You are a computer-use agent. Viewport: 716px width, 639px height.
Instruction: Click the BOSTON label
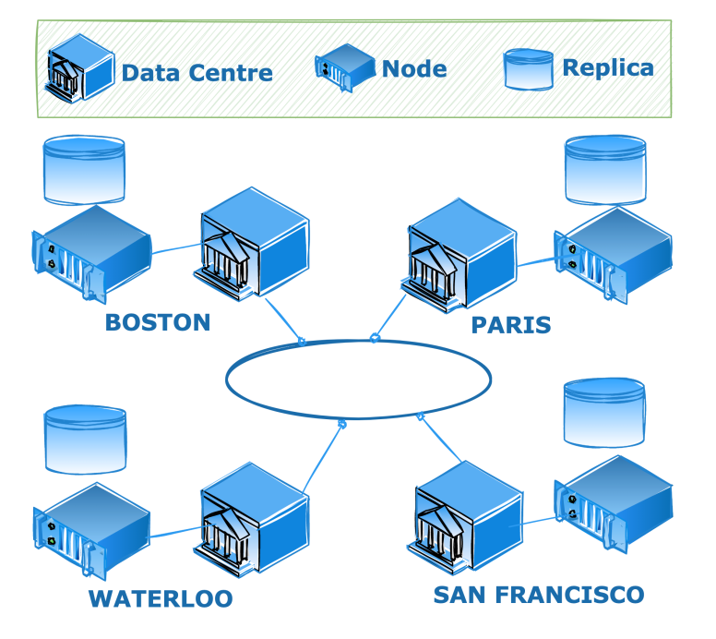tap(158, 322)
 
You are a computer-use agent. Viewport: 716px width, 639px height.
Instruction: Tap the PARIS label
tap(510, 324)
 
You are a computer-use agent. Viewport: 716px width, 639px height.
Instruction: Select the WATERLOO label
tap(161, 598)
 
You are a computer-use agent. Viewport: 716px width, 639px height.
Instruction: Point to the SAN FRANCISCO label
tap(538, 594)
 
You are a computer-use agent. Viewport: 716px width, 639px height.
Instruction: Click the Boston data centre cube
tap(254, 245)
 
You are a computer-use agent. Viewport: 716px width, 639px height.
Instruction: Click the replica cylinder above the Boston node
tap(84, 170)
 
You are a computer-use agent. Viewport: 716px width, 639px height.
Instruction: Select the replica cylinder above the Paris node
tap(605, 171)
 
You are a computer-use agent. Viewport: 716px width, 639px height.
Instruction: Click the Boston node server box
tap(91, 254)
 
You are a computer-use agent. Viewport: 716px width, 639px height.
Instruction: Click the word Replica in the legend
tap(607, 67)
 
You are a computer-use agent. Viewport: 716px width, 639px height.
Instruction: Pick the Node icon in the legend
tap(345, 68)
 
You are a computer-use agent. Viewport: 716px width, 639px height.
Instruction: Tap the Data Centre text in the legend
tap(197, 73)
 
